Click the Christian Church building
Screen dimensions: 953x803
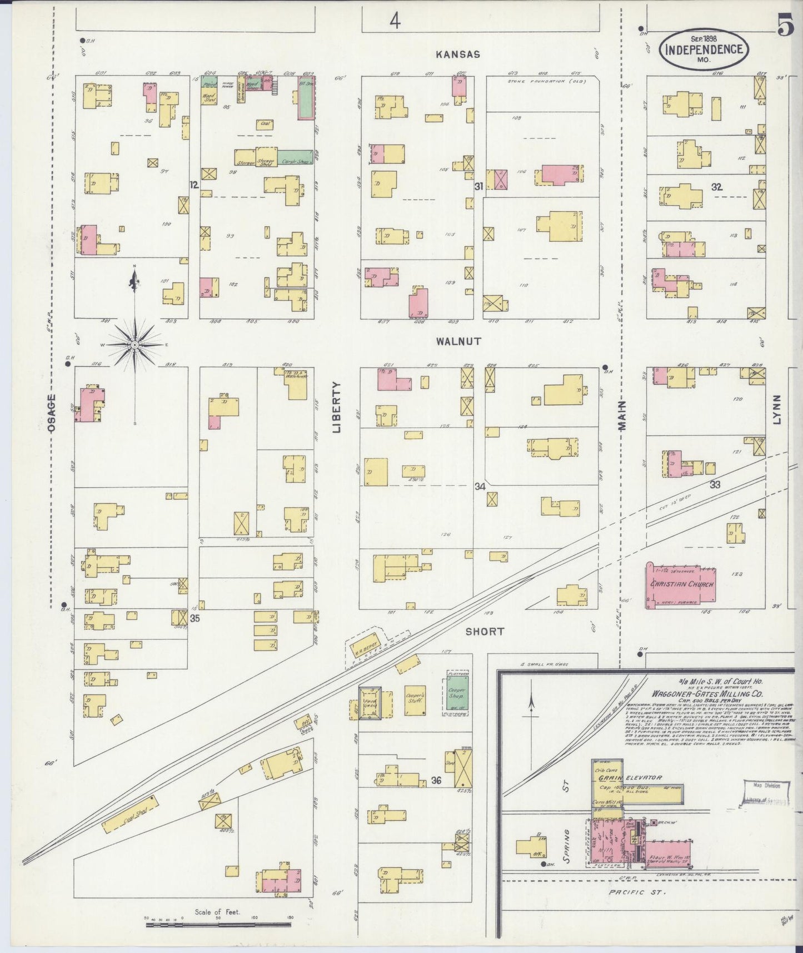681,585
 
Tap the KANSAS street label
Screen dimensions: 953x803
457,54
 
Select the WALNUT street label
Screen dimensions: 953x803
458,341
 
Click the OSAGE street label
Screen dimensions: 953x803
51,413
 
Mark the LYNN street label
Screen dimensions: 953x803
776,410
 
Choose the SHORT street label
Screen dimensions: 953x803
485,631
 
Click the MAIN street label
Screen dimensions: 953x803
621,415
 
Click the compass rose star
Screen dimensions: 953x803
134,345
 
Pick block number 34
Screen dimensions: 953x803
480,487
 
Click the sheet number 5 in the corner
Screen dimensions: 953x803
785,26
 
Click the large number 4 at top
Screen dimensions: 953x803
395,21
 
